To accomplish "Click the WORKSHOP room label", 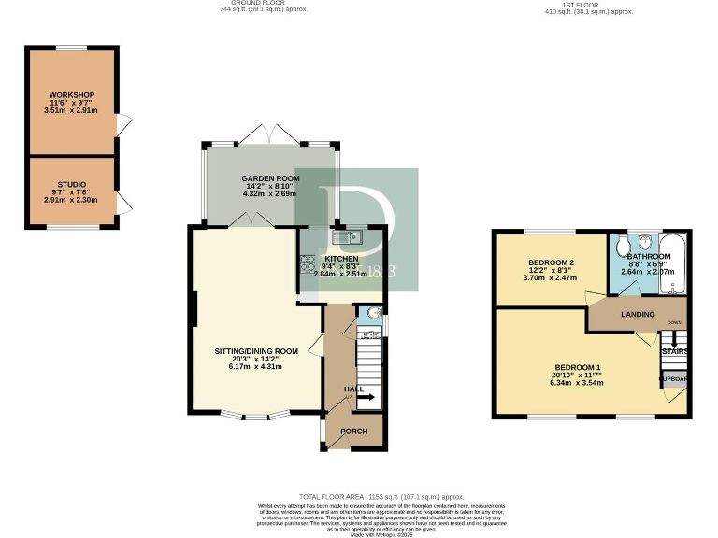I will (71, 95).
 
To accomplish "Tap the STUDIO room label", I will (71, 185).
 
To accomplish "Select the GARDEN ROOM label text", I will (269, 178).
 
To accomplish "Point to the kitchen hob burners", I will (307, 263).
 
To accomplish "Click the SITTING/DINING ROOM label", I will (257, 351).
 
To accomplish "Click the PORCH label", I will (353, 432).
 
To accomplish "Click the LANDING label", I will (638, 315).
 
